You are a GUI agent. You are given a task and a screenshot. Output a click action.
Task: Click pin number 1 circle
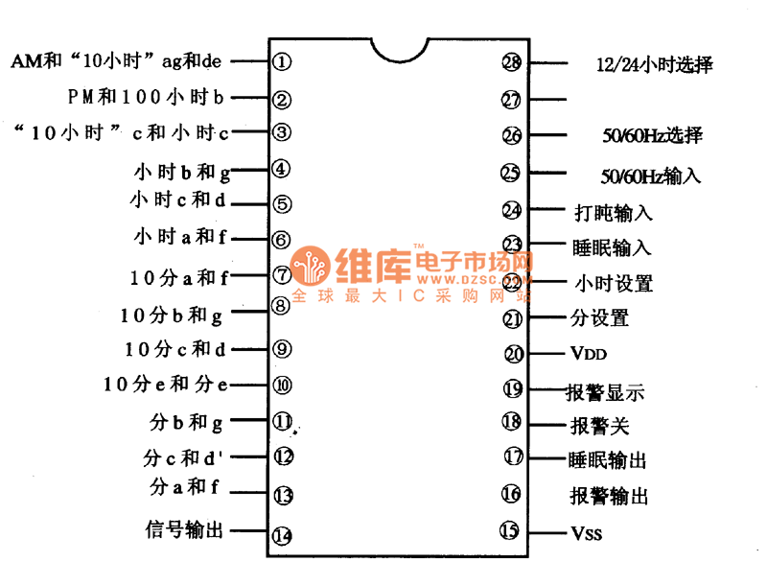[x=281, y=62]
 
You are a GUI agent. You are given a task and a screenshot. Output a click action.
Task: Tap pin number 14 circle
[x=281, y=535]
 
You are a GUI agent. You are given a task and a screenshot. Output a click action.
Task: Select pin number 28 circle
[x=512, y=62]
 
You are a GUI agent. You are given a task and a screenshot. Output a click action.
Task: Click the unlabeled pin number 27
[x=512, y=99]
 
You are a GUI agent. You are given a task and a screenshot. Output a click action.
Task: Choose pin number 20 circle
[x=515, y=354]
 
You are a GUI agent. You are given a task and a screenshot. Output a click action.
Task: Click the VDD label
[x=589, y=354]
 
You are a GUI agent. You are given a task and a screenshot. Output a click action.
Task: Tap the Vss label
[x=587, y=533]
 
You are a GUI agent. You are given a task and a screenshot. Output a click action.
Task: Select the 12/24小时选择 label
[x=654, y=65]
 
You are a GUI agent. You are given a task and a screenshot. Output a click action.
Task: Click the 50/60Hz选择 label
[x=650, y=136]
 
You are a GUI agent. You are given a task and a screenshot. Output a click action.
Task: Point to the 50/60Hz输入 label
[x=650, y=175]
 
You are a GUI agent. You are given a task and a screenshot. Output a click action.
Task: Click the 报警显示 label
[x=607, y=391]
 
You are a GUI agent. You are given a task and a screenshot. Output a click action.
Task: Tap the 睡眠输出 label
[x=609, y=460]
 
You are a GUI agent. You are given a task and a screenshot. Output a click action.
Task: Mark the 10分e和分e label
[x=166, y=385]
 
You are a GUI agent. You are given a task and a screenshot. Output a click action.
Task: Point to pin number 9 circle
[x=281, y=349]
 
